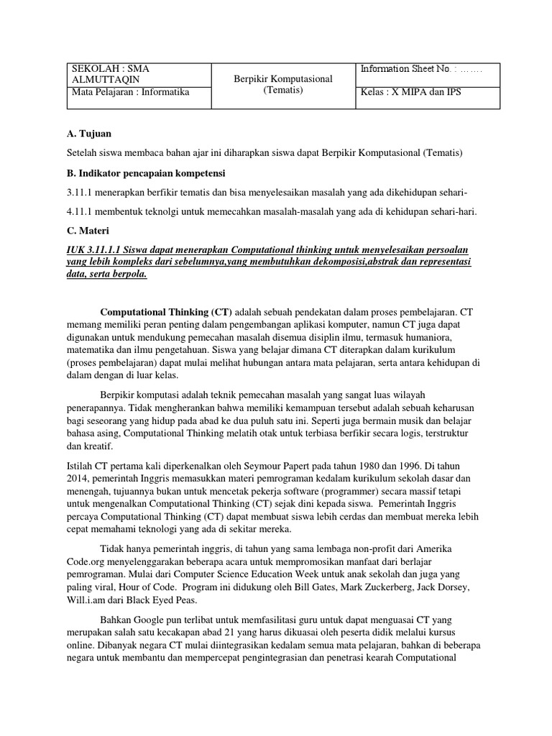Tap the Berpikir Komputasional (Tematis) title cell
pyautogui.click(x=282, y=85)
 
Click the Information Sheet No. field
pyautogui.click(x=421, y=70)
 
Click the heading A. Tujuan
pyautogui.click(x=89, y=134)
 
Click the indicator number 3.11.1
pyautogui.click(x=82, y=192)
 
